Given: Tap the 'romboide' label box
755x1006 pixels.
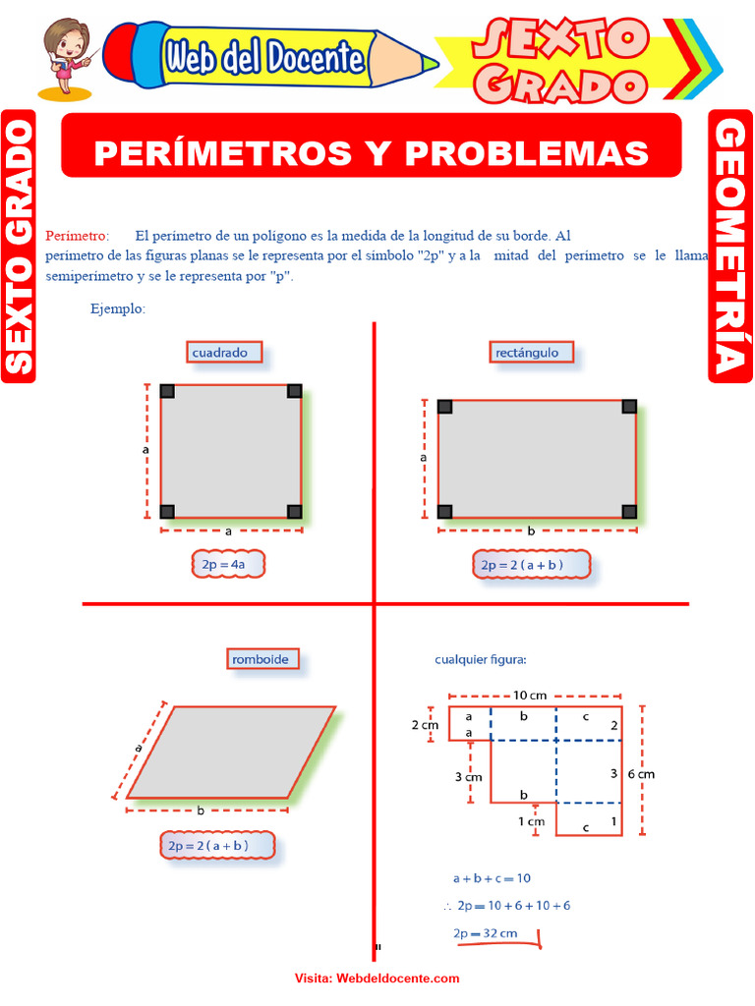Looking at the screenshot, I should [261, 659].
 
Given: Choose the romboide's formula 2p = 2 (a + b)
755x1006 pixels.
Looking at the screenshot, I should [217, 845].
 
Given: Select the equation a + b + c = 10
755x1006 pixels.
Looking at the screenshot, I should [491, 878].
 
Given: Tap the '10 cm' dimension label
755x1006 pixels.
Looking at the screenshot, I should [530, 696].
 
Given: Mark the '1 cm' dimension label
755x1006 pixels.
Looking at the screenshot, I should [531, 821].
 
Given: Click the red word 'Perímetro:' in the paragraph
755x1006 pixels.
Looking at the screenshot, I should [77, 236].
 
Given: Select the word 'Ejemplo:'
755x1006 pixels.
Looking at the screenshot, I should [118, 308].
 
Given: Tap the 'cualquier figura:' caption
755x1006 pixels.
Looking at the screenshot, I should [481, 659].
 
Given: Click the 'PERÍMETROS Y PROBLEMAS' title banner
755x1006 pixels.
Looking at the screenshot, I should [372, 152].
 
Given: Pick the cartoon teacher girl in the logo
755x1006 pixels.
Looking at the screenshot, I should [66, 54].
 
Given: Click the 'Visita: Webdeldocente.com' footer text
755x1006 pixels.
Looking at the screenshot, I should [377, 978].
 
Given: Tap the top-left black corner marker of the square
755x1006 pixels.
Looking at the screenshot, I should [167, 391].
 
